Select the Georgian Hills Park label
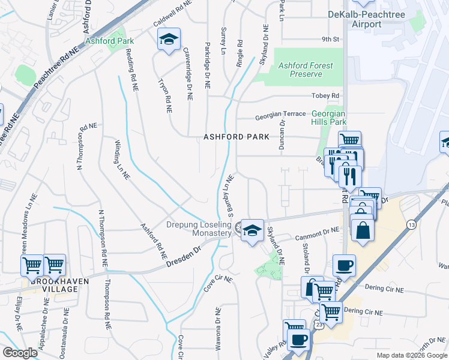[x=328, y=117]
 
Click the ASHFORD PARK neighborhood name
[x=236, y=137]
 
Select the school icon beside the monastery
[x=253, y=230]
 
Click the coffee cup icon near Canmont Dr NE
[x=344, y=265]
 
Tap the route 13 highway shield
[x=411, y=224]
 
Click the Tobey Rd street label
[x=325, y=96]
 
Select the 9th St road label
[x=330, y=40]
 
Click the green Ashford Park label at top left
[x=109, y=41]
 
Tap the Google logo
[x=20, y=353]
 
